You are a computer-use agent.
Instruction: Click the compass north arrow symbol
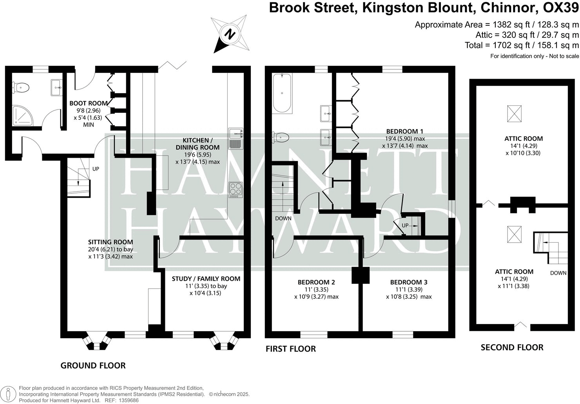point(229,34)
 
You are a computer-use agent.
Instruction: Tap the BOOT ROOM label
point(89,103)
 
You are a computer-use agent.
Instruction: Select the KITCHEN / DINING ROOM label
point(201,144)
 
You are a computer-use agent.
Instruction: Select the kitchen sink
point(236,138)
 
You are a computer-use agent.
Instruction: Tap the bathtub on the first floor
point(282,94)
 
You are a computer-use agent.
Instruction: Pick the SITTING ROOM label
point(111,242)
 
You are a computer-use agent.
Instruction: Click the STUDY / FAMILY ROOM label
point(206,279)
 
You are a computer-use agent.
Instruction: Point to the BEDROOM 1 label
point(404,131)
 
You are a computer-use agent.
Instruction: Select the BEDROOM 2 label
point(316,282)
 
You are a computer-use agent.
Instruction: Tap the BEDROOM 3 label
point(409,282)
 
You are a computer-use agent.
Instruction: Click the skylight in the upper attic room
point(515,114)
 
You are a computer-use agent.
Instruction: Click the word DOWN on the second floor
point(558,273)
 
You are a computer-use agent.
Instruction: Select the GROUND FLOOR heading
point(93,366)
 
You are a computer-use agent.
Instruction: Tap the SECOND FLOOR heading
point(512,347)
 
